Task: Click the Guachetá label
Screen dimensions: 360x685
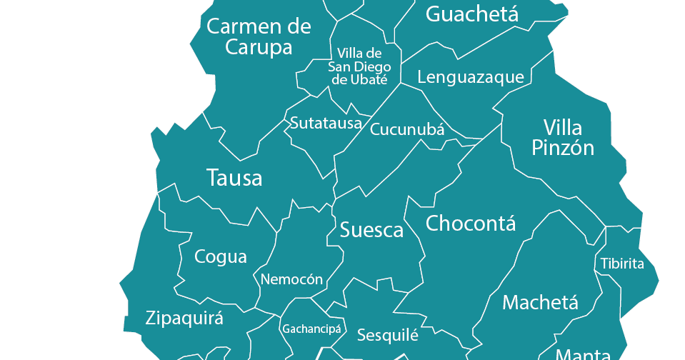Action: click(472, 14)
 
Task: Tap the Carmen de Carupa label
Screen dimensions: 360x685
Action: click(259, 37)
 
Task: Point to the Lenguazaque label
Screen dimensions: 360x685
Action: click(471, 77)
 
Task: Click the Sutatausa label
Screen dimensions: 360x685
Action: click(326, 124)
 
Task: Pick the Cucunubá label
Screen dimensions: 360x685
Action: click(407, 130)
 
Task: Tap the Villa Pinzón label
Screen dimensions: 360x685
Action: click(563, 138)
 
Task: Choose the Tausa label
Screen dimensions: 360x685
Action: click(234, 178)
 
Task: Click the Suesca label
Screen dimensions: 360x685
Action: click(371, 230)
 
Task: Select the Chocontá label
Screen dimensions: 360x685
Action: click(471, 224)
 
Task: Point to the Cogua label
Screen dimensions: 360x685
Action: click(221, 257)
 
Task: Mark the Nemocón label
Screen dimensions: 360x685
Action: click(291, 279)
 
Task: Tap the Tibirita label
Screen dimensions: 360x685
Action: click(622, 264)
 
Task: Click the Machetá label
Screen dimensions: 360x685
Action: click(540, 303)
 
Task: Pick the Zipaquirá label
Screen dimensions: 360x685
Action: click(184, 319)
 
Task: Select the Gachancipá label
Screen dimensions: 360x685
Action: click(312, 330)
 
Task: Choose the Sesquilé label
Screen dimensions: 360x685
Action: click(387, 335)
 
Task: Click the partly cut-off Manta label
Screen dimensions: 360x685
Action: click(583, 354)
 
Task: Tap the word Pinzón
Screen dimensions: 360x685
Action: click(563, 148)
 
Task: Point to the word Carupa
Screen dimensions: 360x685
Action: click(259, 48)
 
